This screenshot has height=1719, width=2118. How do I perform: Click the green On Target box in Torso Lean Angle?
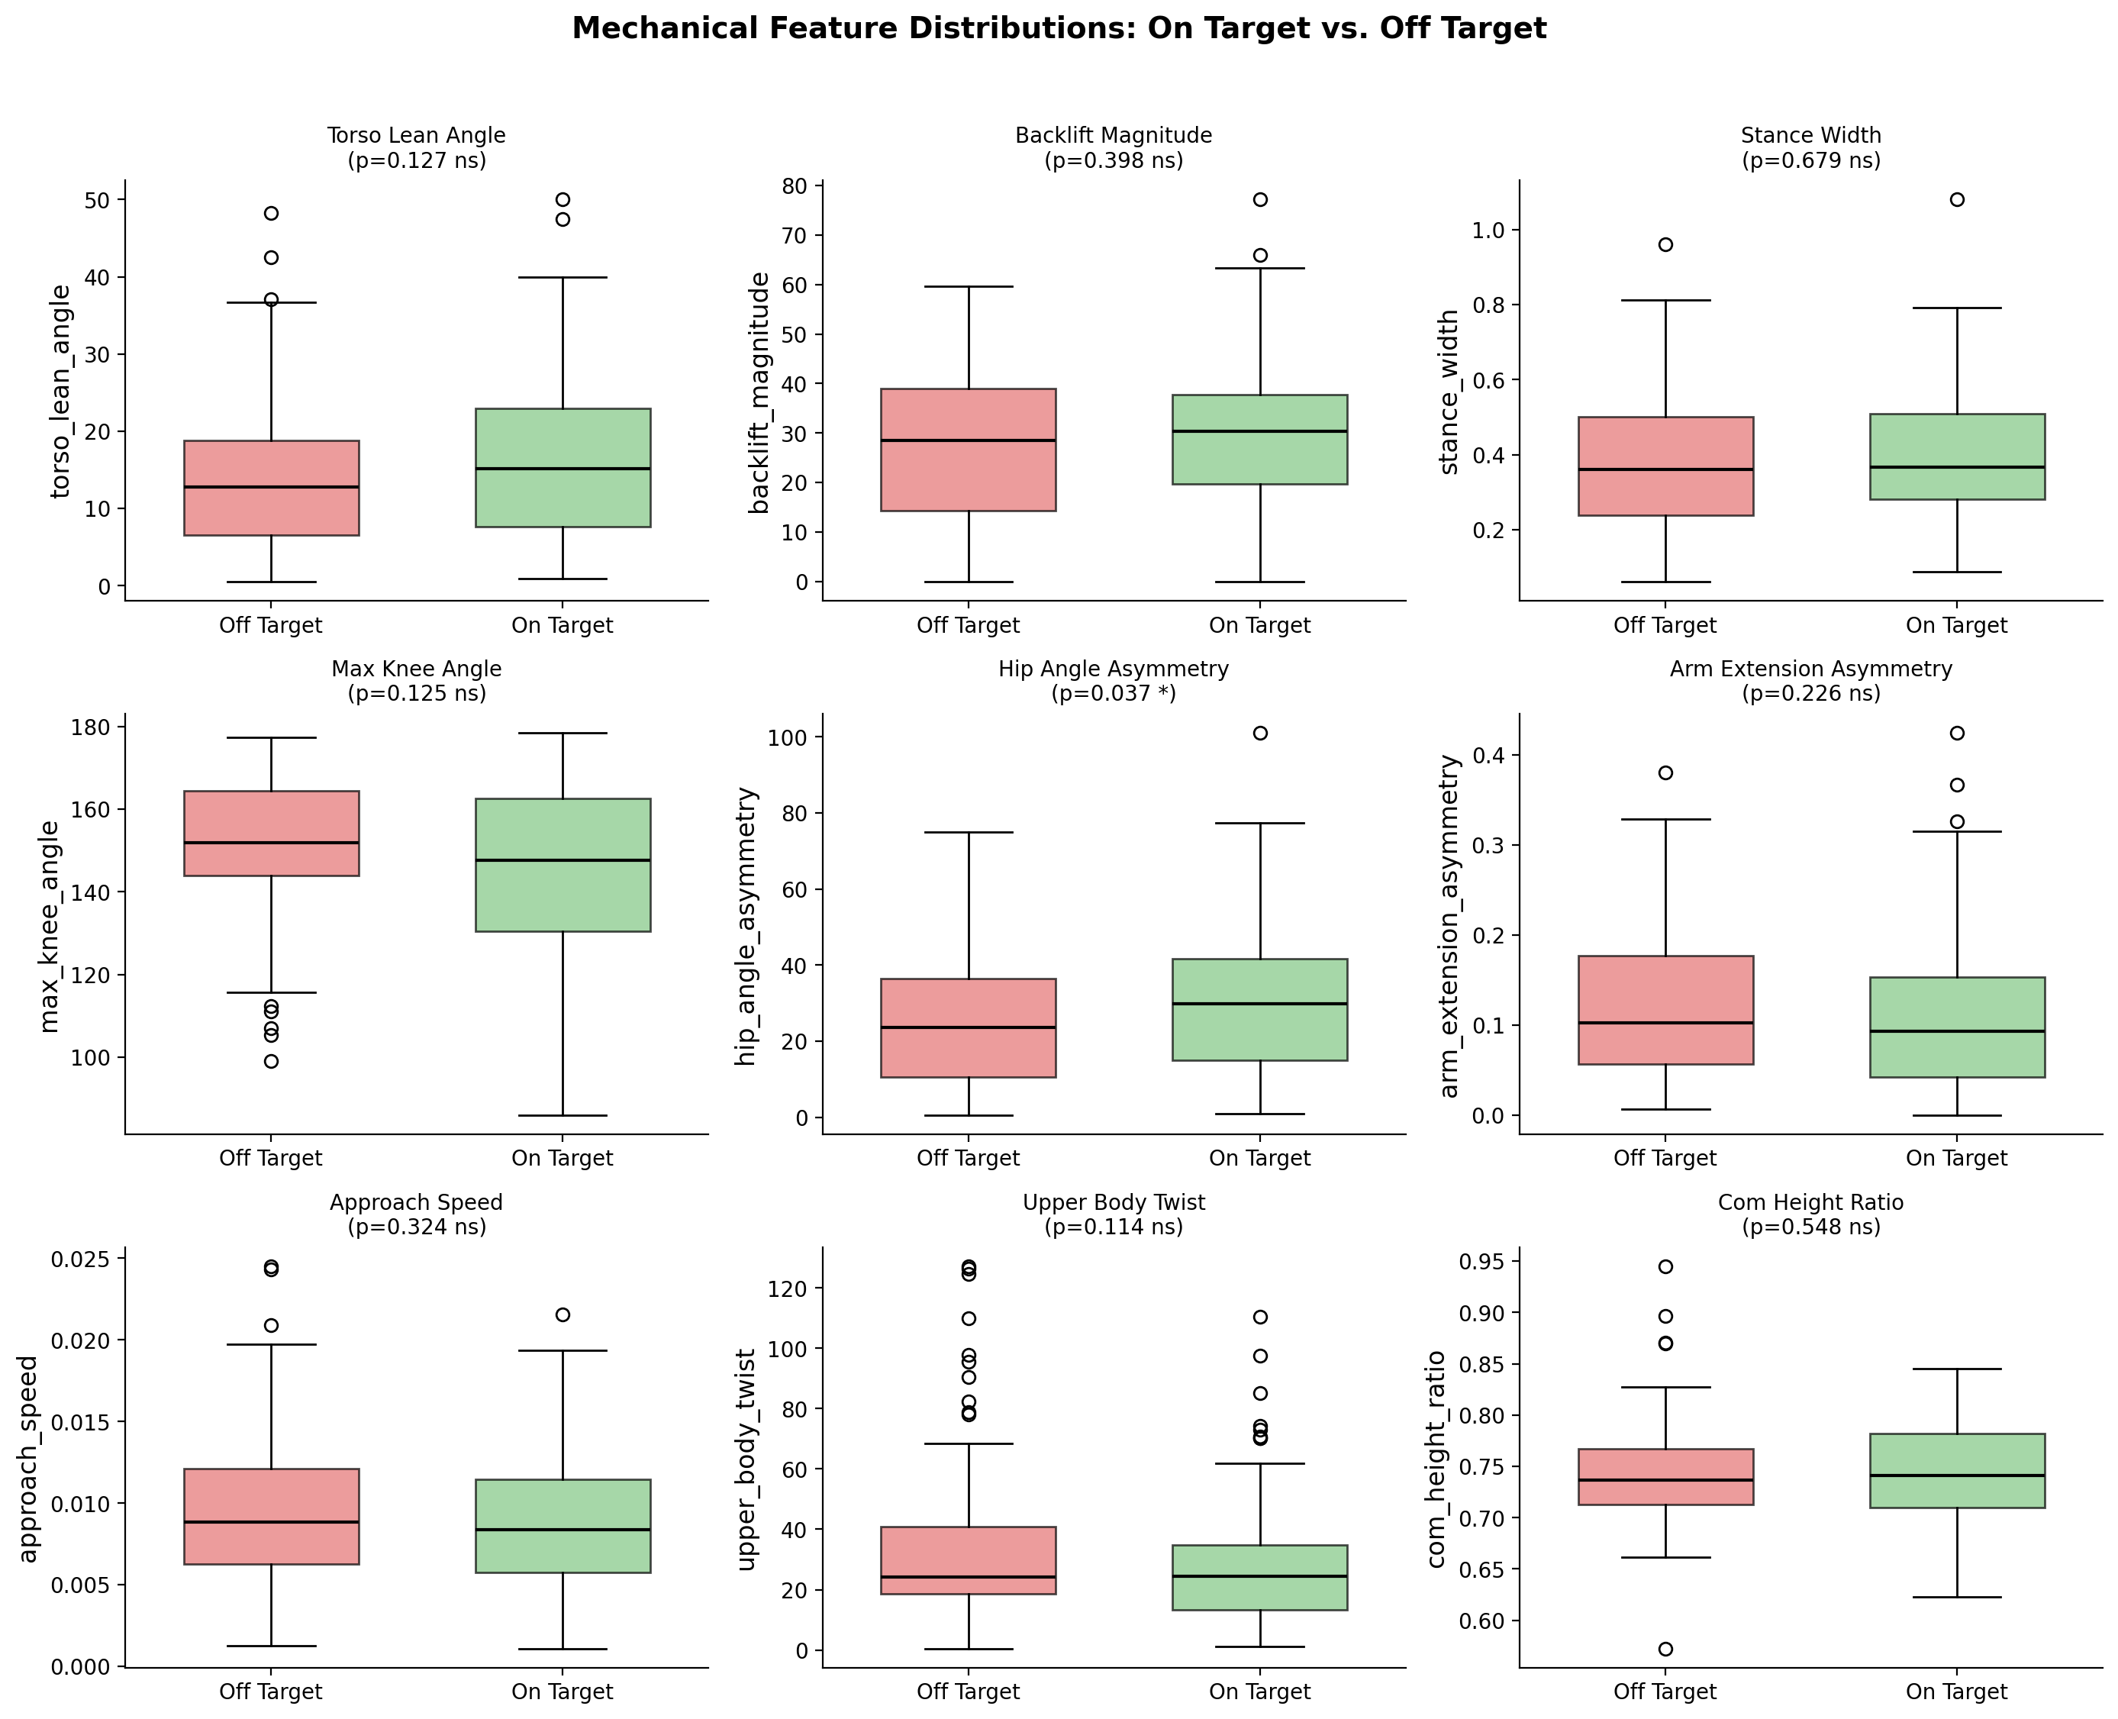click(x=563, y=467)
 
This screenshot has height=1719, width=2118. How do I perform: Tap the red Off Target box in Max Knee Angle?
click(x=271, y=833)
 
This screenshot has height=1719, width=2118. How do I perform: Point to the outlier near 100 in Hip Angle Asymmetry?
click(x=1259, y=734)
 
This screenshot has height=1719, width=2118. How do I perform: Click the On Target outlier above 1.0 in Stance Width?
click(x=1957, y=200)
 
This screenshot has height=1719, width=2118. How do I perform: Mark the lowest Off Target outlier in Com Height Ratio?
click(x=1665, y=1650)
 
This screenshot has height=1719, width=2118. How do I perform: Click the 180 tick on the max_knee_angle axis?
click(x=98, y=727)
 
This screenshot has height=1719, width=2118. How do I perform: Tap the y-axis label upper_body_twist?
click(x=746, y=1459)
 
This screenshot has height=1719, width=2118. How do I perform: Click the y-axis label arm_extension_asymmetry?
click(x=1449, y=926)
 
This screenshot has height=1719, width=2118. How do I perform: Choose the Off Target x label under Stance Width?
click(x=1665, y=626)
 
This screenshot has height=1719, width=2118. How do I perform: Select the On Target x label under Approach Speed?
click(x=562, y=1692)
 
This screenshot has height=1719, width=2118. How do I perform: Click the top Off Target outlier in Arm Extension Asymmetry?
click(x=1665, y=773)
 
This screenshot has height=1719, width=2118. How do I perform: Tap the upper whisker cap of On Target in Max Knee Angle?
click(x=563, y=734)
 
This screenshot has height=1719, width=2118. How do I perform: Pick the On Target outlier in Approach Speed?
click(x=563, y=1315)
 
